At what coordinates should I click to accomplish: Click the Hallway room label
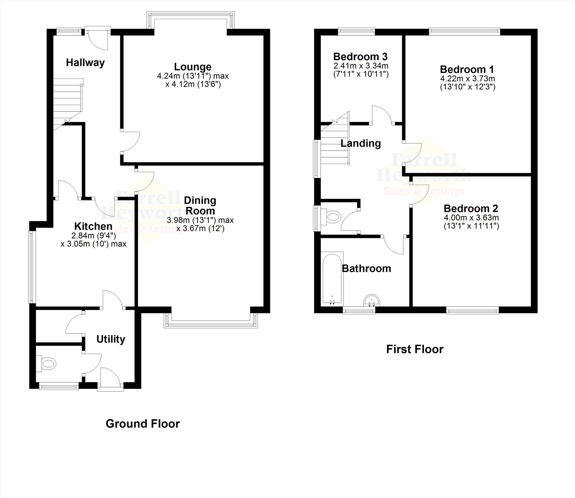85,63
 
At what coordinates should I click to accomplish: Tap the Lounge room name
193,67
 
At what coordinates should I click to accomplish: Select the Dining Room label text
200,205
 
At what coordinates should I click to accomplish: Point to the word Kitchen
93,226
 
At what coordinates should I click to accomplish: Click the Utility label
111,339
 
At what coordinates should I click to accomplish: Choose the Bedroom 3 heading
360,57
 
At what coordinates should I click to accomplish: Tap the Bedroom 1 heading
467,69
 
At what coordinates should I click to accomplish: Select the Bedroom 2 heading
471,208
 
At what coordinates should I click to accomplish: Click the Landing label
361,143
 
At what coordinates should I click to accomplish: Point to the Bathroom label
367,268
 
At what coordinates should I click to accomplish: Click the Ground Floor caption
143,424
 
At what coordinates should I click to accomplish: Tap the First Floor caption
415,349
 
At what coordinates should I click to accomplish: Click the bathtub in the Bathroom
332,278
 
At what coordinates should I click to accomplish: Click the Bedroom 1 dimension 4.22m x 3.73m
467,79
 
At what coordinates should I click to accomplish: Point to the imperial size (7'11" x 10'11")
361,74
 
